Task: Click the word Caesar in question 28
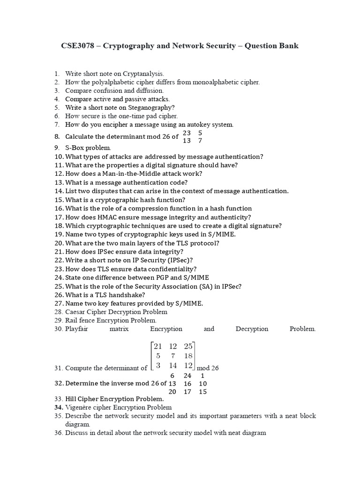click(75, 312)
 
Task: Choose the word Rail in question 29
click(71, 320)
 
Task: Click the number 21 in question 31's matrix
click(157, 346)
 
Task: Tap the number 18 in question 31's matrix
click(188, 356)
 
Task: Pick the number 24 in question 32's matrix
click(187, 375)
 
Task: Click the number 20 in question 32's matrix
click(172, 392)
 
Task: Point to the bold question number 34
click(59, 407)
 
